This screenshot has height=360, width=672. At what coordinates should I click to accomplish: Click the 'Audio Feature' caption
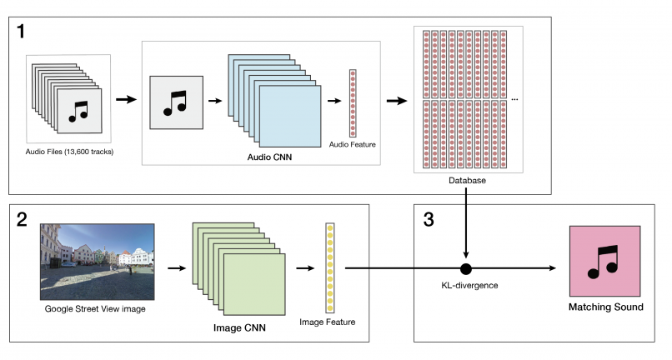(x=353, y=144)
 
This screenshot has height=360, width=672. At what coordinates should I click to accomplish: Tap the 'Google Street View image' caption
(x=96, y=309)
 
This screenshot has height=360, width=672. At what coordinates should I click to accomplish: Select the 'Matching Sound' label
(x=605, y=307)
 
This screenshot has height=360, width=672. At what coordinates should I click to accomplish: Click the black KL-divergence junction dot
(x=466, y=268)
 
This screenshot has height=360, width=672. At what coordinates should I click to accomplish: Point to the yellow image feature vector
(x=330, y=262)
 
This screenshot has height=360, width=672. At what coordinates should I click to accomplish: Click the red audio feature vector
(x=353, y=103)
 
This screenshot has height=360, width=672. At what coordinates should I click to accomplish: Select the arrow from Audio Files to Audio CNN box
(x=125, y=100)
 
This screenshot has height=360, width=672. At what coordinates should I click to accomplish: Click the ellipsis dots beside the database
(x=514, y=100)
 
